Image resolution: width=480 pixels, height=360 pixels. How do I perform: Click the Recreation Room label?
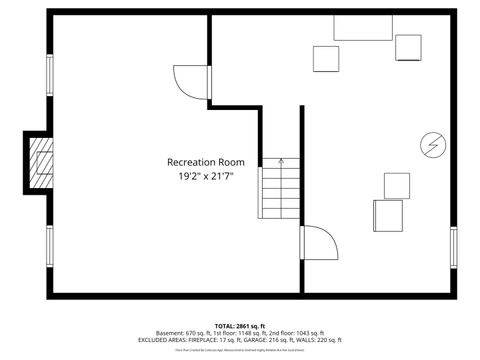[205, 162]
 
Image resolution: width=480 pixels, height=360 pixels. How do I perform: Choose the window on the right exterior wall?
[453, 242]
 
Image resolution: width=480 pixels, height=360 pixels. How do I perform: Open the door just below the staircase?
[318, 243]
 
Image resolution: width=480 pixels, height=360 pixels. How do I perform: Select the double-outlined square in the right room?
[387, 215]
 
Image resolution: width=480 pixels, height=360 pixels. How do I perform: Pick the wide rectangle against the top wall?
[362, 27]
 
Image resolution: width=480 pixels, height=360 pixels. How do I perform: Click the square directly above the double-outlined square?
[397, 185]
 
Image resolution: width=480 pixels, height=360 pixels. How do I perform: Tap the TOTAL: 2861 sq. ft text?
[239, 325]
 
